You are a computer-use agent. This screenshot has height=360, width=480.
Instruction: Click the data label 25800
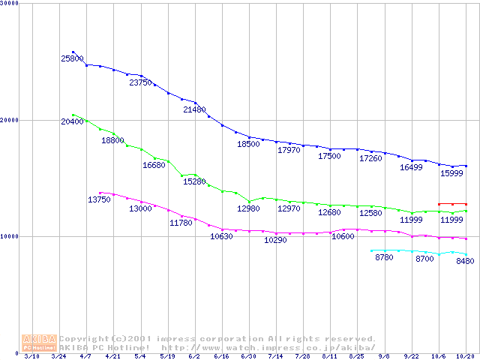pyautogui.click(x=72, y=58)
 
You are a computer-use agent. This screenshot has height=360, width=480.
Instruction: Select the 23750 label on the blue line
pyautogui.click(x=140, y=82)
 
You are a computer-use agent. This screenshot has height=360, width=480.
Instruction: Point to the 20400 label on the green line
pyautogui.click(x=72, y=121)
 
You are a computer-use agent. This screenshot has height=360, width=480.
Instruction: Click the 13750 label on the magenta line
pyautogui.click(x=99, y=199)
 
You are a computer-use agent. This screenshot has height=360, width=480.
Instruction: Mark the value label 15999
pyautogui.click(x=451, y=173)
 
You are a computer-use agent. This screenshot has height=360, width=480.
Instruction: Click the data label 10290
pyautogui.click(x=275, y=241)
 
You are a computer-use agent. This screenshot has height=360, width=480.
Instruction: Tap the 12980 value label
pyautogui.click(x=248, y=208)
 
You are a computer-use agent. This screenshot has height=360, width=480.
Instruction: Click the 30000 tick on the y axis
pyautogui.click(x=11, y=4)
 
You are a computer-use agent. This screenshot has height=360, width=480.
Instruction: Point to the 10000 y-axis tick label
pyautogui.click(x=11, y=237)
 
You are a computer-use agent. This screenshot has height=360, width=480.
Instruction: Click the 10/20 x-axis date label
pyautogui.click(x=465, y=357)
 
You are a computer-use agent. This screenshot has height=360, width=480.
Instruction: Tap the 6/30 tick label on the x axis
pyautogui.click(x=249, y=357)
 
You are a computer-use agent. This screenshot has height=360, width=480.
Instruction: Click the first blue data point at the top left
pyautogui.click(x=73, y=52)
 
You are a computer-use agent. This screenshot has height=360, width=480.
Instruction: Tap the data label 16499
pyautogui.click(x=411, y=167)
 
